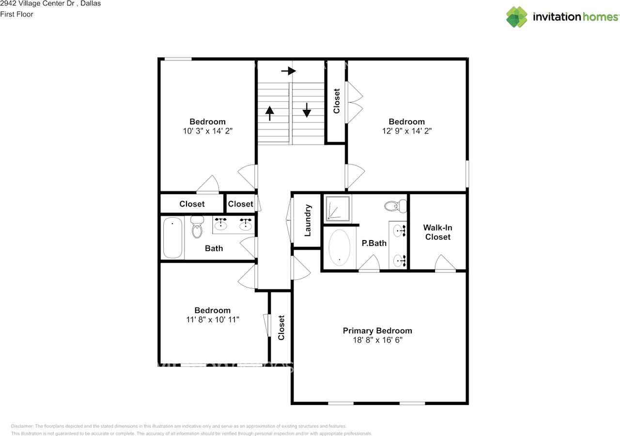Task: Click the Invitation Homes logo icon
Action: (x=517, y=17)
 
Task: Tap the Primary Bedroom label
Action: (x=377, y=331)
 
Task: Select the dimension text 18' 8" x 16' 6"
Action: (x=377, y=340)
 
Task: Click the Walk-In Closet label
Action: (x=437, y=232)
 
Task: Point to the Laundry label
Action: (x=307, y=220)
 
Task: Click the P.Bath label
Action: (x=374, y=243)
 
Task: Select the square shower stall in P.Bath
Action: (x=338, y=209)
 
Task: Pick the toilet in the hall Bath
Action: (x=197, y=227)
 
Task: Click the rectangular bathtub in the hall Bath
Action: (x=172, y=238)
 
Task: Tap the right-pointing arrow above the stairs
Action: (x=289, y=71)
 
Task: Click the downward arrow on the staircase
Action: (x=307, y=110)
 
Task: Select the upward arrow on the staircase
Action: (x=269, y=113)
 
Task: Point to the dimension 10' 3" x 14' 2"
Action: (x=207, y=131)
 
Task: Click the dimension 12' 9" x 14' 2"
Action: (x=406, y=131)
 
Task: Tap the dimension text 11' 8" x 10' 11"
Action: (x=212, y=320)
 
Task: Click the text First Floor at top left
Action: (x=16, y=14)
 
